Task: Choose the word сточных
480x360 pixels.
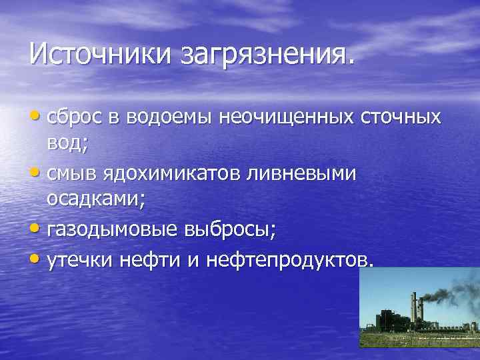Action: tap(401, 117)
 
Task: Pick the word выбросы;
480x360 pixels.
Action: tap(227, 229)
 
